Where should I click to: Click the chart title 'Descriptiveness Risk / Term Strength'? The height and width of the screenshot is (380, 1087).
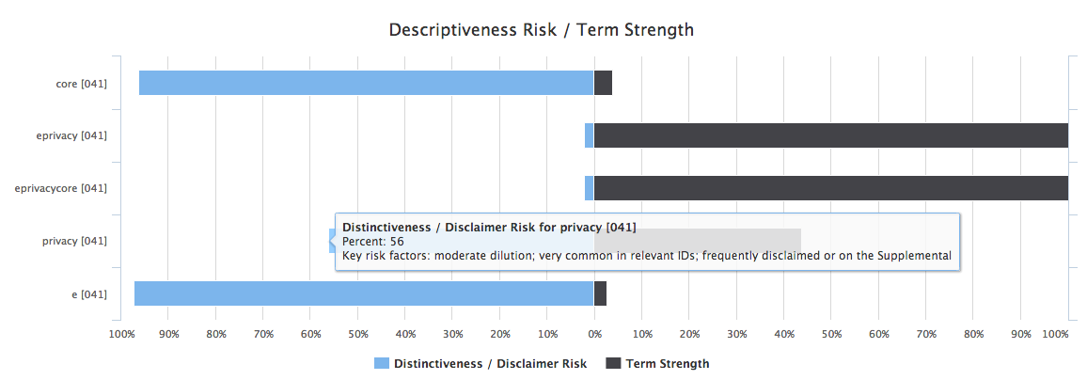coord(542,29)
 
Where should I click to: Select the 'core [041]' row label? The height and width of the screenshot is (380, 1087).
coord(81,83)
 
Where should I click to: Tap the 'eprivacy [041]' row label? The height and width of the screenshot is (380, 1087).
coord(73,135)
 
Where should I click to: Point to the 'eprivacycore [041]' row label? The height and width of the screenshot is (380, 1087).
coord(61,188)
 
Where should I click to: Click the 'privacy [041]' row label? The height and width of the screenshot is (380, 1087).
coord(74,241)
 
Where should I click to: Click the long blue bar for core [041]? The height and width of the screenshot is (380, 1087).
coord(366,83)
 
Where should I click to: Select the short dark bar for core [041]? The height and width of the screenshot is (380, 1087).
coord(603,83)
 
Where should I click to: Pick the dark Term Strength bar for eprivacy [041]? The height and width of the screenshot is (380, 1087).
coord(830,135)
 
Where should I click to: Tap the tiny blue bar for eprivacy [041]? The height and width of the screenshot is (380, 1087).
coord(590,135)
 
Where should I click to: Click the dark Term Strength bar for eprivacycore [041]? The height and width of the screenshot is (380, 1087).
coord(830,188)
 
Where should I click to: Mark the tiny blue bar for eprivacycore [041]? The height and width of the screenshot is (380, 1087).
coord(590,188)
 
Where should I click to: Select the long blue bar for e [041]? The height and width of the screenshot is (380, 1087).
coord(364,293)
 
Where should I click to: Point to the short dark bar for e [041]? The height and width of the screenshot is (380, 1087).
coord(600,293)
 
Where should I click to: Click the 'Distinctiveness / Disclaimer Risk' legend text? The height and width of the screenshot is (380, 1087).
coord(490,363)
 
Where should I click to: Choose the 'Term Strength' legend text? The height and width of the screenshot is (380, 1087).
coord(668,363)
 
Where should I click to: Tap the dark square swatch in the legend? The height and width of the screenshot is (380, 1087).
coord(613,363)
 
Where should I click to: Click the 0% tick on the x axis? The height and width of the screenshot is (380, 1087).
coord(594,334)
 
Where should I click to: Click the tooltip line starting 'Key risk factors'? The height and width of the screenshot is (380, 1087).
coord(647,256)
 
